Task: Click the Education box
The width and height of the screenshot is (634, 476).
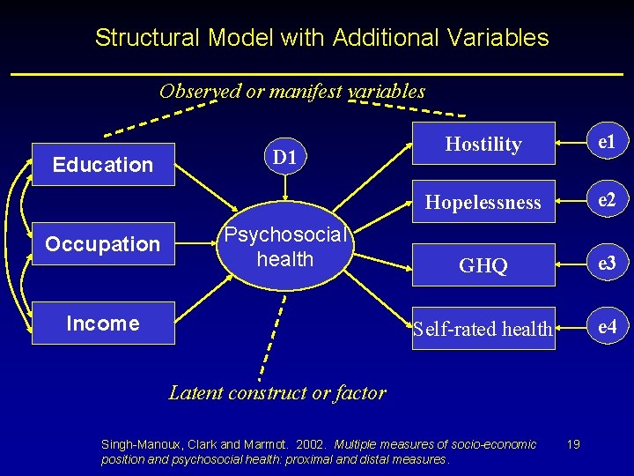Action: (x=103, y=165)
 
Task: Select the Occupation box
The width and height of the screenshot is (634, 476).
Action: (x=103, y=244)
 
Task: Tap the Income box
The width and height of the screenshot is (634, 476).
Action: (x=103, y=324)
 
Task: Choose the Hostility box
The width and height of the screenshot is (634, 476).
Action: (x=483, y=144)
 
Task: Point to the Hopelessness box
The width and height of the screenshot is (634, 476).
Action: (x=483, y=202)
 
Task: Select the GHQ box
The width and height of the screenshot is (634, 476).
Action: (x=483, y=265)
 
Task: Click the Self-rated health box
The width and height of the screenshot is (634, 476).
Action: (x=483, y=329)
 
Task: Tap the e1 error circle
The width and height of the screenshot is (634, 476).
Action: (x=607, y=141)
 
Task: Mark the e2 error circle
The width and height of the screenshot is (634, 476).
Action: (x=607, y=200)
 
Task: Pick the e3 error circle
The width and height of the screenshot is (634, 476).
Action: (x=607, y=264)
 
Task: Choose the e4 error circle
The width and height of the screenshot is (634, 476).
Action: (x=607, y=327)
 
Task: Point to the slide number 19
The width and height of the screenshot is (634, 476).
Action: (x=574, y=443)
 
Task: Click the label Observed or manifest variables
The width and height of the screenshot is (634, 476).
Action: (x=291, y=91)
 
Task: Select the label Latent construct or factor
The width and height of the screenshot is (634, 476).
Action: (x=276, y=393)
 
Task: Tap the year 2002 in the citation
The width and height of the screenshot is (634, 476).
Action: (x=311, y=443)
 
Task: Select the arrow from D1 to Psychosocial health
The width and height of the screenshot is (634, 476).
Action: (x=284, y=196)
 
